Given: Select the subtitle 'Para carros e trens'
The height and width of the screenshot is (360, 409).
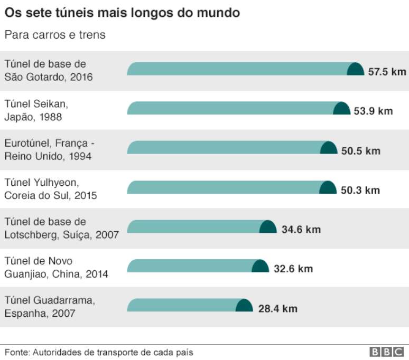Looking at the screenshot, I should pos(55,35).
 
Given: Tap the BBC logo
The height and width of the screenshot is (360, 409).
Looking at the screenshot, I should pos(388,352).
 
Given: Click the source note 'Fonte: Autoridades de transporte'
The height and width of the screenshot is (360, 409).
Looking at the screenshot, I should pos(99,352).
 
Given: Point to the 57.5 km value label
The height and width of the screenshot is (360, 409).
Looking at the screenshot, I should pos(387,71).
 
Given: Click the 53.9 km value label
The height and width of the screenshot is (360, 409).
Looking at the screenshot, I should pos(374,111).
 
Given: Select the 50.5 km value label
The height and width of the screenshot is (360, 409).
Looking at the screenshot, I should pos(360,150).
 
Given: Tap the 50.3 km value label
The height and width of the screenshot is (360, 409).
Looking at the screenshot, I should pos(360,190).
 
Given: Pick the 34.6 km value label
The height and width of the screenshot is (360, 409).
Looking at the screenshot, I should pos(301,230).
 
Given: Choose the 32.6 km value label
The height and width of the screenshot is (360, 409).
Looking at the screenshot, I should pos(293,269).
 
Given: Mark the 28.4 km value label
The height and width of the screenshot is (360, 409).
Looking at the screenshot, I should pos(277,308).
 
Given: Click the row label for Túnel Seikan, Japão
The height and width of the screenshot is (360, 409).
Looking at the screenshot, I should pos(36,110).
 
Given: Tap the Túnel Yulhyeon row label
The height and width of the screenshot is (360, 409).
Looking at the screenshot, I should pos(51,189).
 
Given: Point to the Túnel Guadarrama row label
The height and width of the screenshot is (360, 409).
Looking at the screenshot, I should pos(50,307).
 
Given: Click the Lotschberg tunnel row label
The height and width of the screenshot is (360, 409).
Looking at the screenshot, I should pos(61,228).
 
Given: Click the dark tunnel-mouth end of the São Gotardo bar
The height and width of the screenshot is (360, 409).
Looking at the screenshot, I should pos(355,69).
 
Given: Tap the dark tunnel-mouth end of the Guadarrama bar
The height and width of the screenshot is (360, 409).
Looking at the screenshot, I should pos(244,306).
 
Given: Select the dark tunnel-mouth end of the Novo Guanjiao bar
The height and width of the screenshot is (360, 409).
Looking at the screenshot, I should pos(260,266).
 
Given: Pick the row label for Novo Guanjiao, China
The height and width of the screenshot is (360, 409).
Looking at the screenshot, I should pos(56,268).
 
